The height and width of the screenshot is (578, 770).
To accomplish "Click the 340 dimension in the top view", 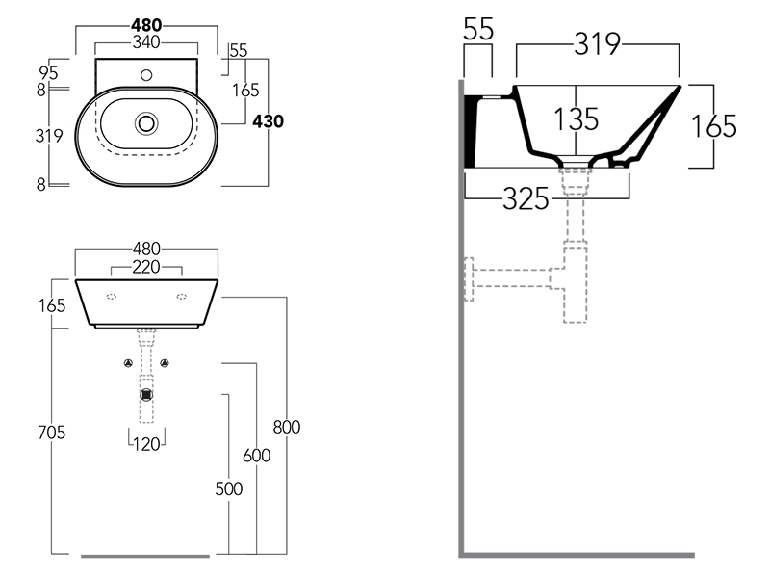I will (147, 41).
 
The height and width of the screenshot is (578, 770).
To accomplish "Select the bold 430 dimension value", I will (269, 121).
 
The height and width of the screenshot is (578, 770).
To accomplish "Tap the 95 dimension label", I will (50, 71).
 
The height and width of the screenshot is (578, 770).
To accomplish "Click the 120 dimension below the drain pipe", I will (147, 444).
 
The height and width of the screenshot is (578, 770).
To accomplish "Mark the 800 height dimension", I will (287, 427).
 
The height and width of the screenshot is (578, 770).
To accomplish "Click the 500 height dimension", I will (228, 488).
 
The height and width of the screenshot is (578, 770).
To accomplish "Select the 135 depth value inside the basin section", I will (577, 119).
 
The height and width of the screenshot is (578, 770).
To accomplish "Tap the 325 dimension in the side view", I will (526, 199).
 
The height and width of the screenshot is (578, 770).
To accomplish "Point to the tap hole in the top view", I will (147, 73).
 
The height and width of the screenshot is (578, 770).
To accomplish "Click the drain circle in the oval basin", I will (147, 122).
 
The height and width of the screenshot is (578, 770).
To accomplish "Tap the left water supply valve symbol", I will (128, 363).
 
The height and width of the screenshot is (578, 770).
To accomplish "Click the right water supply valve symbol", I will (166, 363).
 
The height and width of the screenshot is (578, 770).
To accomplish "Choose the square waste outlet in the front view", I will (146, 394).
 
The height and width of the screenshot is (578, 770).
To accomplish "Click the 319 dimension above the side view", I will (599, 43).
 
